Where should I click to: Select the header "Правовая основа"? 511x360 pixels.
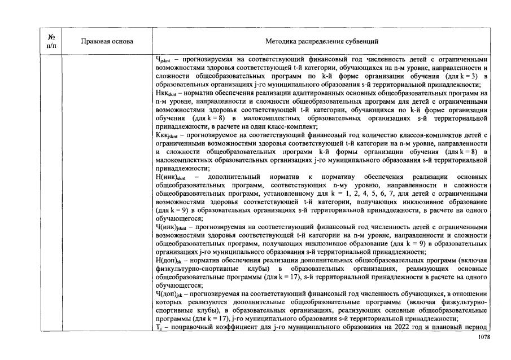pos(107,41)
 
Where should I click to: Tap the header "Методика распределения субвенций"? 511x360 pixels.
pos(322,41)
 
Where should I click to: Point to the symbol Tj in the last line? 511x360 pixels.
pos(159,328)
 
